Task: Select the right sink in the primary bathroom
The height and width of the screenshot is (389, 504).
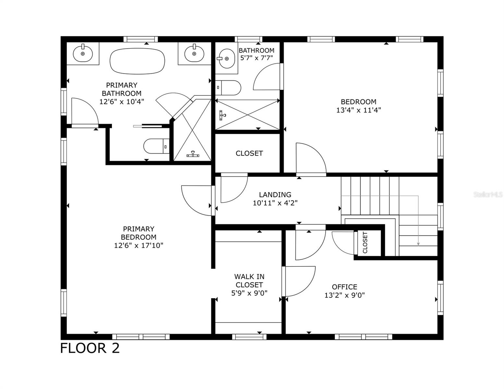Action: [x=194, y=53]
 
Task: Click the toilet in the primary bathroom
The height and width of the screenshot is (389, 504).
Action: [x=156, y=146]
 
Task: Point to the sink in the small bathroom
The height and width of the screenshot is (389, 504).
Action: [x=226, y=59]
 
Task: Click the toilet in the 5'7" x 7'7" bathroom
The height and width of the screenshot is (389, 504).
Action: [x=228, y=88]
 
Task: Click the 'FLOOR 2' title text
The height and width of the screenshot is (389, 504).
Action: [x=90, y=348]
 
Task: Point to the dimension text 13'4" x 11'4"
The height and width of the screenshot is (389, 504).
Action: [x=358, y=110]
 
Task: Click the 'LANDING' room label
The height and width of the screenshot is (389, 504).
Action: [x=275, y=194]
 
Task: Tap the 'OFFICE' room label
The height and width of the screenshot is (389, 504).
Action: [x=344, y=287]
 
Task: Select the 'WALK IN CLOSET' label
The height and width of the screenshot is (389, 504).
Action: [x=249, y=281]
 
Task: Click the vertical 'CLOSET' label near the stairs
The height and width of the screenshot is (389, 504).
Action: [x=365, y=243]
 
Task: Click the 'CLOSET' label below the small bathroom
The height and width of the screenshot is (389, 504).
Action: [x=249, y=153]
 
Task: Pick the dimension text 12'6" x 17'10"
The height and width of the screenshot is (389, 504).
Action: [x=139, y=245]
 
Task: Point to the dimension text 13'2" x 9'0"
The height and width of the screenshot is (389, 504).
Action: [x=344, y=295]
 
